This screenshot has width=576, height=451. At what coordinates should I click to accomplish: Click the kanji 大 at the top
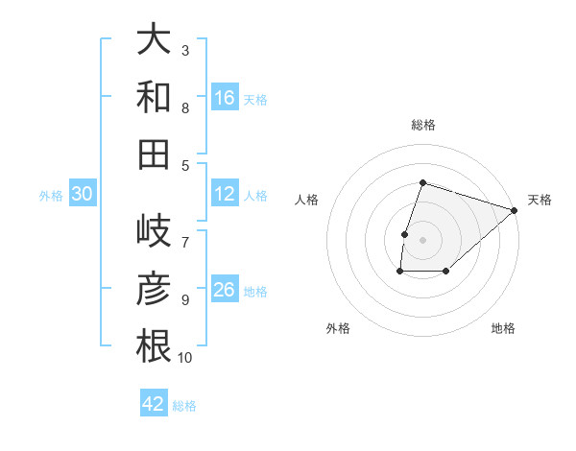[154, 40]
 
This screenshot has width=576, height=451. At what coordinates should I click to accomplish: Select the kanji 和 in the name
[154, 97]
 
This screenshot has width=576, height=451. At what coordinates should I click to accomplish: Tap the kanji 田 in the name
[154, 154]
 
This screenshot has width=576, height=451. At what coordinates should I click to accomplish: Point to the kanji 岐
[154, 232]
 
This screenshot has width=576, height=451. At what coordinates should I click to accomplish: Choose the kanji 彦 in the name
[154, 289]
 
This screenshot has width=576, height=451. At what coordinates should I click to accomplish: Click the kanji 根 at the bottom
[154, 345]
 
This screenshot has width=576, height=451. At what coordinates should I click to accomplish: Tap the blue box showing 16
[225, 98]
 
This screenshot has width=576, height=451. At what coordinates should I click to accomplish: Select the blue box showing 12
[225, 195]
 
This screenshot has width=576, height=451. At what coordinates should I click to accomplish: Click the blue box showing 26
[225, 290]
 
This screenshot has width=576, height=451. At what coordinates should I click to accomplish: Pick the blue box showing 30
[82, 195]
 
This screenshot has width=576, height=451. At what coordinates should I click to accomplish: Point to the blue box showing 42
[154, 404]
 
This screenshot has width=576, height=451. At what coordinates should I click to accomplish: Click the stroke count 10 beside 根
[185, 358]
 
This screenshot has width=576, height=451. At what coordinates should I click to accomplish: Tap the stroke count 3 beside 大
[185, 50]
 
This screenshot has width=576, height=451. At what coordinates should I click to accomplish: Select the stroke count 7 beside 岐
[185, 232]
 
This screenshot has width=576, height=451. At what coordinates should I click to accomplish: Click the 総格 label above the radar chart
[423, 125]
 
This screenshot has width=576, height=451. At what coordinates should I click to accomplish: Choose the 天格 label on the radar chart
[540, 200]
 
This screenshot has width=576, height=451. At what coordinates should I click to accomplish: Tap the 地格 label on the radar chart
[503, 328]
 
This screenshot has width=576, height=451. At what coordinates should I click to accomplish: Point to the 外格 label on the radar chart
[338, 328]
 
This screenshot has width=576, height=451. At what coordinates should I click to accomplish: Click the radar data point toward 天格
[515, 210]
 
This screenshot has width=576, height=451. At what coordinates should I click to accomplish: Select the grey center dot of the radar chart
[422, 240]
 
